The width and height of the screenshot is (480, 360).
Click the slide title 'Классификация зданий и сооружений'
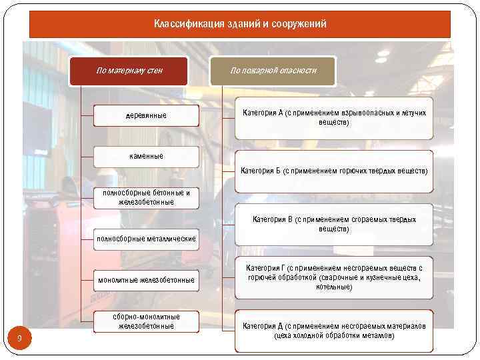click(x=240, y=24)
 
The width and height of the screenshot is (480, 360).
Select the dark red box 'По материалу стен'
click(x=129, y=71)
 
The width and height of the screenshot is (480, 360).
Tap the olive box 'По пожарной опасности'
click(x=273, y=71)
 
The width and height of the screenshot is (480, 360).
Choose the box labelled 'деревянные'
click(x=146, y=116)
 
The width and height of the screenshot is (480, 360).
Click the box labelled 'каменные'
click(x=146, y=156)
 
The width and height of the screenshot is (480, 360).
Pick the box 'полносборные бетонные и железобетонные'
click(x=146, y=197)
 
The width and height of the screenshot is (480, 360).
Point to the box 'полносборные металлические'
click(x=146, y=239)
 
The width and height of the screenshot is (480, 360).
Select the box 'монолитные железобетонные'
click(x=146, y=280)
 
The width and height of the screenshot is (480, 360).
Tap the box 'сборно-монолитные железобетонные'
click(x=146, y=321)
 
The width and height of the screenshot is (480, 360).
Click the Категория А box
click(x=333, y=118)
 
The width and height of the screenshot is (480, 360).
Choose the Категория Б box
click(x=333, y=171)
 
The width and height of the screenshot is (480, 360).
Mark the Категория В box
click(x=333, y=224)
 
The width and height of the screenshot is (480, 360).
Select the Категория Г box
click(x=333, y=277)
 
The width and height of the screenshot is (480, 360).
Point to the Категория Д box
click(x=333, y=331)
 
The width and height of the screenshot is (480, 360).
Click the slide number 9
click(x=20, y=341)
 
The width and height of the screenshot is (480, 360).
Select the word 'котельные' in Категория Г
click(x=334, y=287)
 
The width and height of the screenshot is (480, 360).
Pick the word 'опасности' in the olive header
click(x=298, y=71)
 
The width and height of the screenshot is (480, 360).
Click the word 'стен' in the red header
click(x=153, y=71)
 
